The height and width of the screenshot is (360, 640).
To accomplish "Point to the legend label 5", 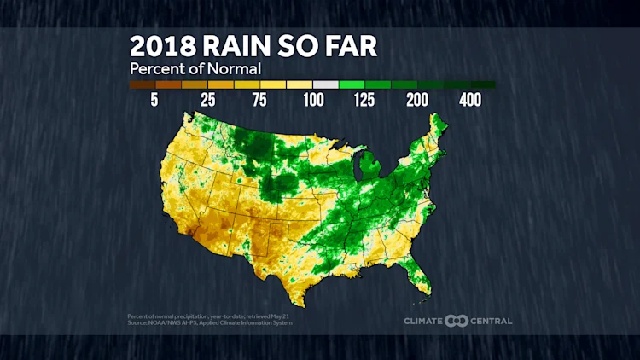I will [x=154, y=100].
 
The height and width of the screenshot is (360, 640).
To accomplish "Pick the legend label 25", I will [x=207, y=100].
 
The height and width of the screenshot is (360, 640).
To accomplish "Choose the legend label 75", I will [x=260, y=100].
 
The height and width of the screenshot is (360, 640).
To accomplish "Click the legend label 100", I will [x=313, y=100].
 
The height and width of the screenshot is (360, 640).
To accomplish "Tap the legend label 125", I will [x=365, y=100].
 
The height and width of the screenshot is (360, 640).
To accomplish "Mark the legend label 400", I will [x=470, y=100].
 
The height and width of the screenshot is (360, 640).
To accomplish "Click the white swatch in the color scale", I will [x=326, y=84].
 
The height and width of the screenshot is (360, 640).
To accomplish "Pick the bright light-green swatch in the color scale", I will [x=352, y=84].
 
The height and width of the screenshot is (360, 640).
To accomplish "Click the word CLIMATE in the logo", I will [x=424, y=322].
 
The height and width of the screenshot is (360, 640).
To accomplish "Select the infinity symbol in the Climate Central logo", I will [x=457, y=322].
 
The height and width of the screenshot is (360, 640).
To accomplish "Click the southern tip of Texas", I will [x=301, y=302].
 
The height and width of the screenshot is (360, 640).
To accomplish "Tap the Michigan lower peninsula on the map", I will [x=368, y=167].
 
